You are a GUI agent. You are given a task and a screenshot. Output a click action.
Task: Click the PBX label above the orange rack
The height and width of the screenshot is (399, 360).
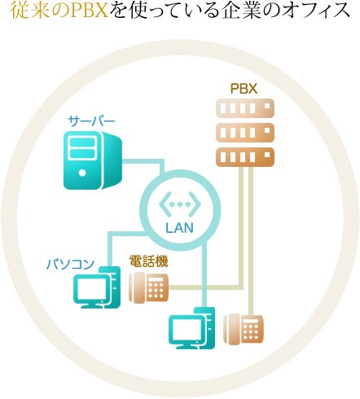(x=244, y=89)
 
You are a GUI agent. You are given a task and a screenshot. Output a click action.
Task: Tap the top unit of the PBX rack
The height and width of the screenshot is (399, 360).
(x=245, y=108)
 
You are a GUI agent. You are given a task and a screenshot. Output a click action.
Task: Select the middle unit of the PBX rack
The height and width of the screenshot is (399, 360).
(x=245, y=133)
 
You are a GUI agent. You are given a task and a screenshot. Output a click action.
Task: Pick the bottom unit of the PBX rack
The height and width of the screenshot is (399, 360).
(x=245, y=157)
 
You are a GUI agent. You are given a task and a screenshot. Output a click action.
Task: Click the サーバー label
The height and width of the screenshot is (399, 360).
(x=91, y=121)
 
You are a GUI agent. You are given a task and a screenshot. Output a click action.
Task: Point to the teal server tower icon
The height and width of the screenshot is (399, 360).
(x=93, y=160)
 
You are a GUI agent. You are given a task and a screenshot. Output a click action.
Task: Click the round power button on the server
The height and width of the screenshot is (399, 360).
(x=82, y=173)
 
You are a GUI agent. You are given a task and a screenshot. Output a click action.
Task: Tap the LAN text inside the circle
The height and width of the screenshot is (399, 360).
(x=179, y=228)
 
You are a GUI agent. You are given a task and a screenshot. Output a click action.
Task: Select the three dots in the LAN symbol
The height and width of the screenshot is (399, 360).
(x=180, y=204)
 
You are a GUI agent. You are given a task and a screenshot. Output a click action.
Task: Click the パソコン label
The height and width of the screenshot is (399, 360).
(x=70, y=264)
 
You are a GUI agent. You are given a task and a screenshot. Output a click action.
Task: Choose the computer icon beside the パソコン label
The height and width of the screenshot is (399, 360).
(x=97, y=287)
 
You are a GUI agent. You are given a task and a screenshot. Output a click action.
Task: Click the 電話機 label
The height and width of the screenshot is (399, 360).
(x=148, y=261)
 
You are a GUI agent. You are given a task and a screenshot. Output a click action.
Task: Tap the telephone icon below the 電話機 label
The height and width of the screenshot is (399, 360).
(x=148, y=287)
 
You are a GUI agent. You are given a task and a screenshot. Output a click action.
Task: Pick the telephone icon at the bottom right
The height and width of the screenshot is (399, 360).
(x=244, y=329)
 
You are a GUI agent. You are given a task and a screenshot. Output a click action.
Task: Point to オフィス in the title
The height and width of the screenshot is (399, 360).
(x=315, y=11)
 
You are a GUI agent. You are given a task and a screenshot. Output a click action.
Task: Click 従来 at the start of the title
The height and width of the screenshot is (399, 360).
(x=26, y=11)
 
